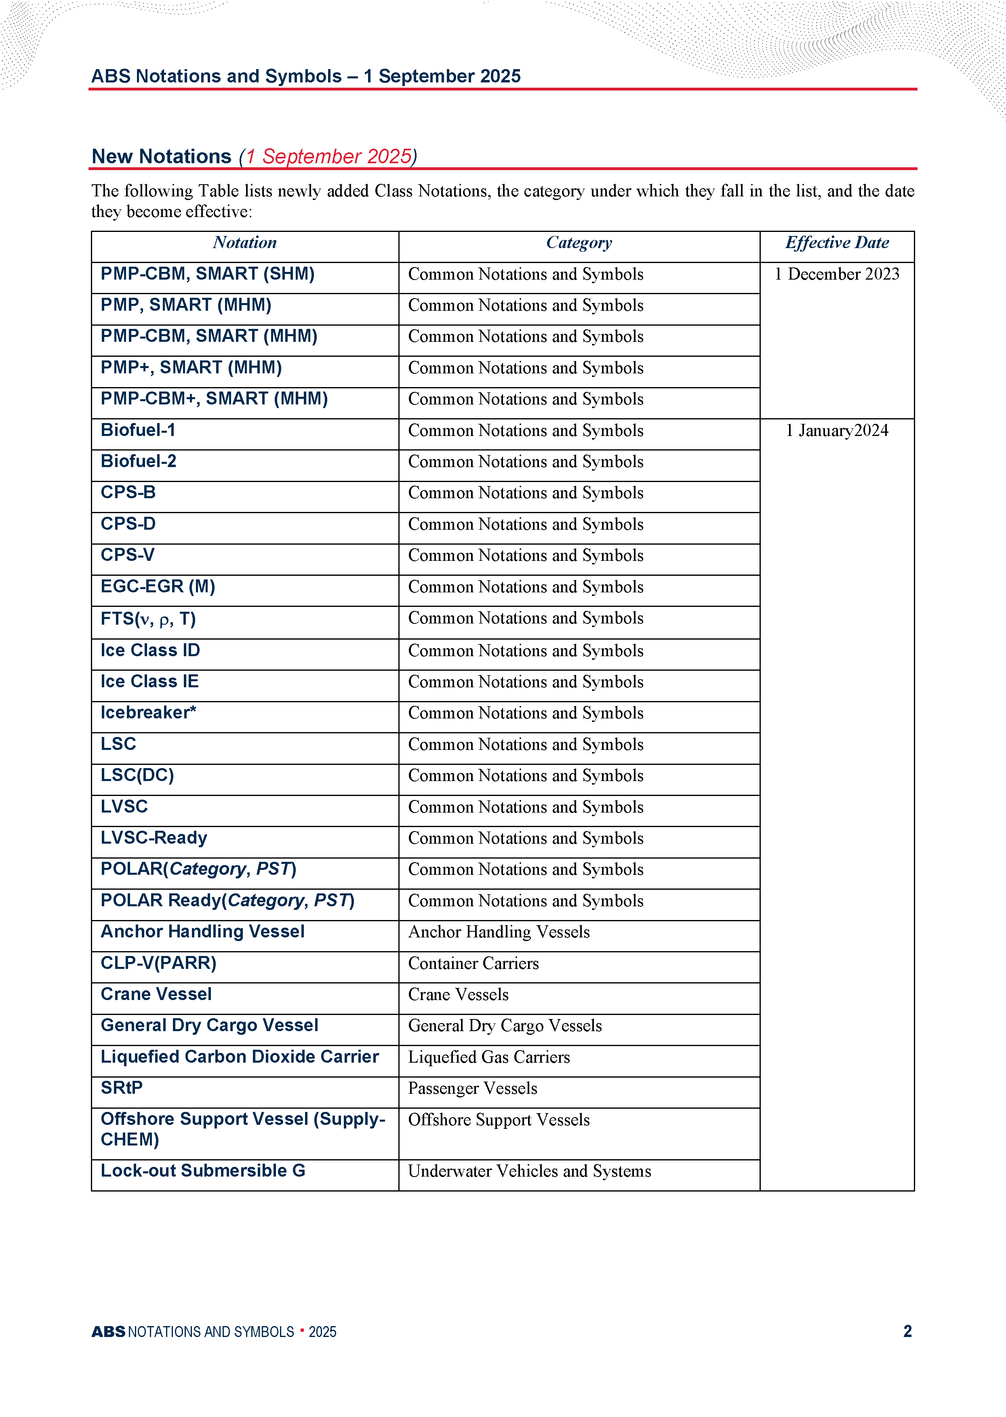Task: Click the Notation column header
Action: tap(245, 243)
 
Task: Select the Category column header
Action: tap(579, 243)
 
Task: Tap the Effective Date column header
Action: tap(836, 243)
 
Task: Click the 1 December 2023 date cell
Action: tap(836, 274)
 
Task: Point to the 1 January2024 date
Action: tap(836, 430)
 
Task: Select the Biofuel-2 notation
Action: tap(139, 461)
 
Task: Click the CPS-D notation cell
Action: tap(128, 524)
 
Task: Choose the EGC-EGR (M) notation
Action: tap(158, 587)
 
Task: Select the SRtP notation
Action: tap(122, 1088)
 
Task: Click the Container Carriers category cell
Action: tap(473, 964)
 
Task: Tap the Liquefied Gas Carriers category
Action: tap(489, 1057)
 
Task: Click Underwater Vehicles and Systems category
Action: tap(530, 1171)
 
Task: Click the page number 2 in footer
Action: tap(907, 1331)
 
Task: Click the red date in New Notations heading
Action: tap(328, 157)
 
